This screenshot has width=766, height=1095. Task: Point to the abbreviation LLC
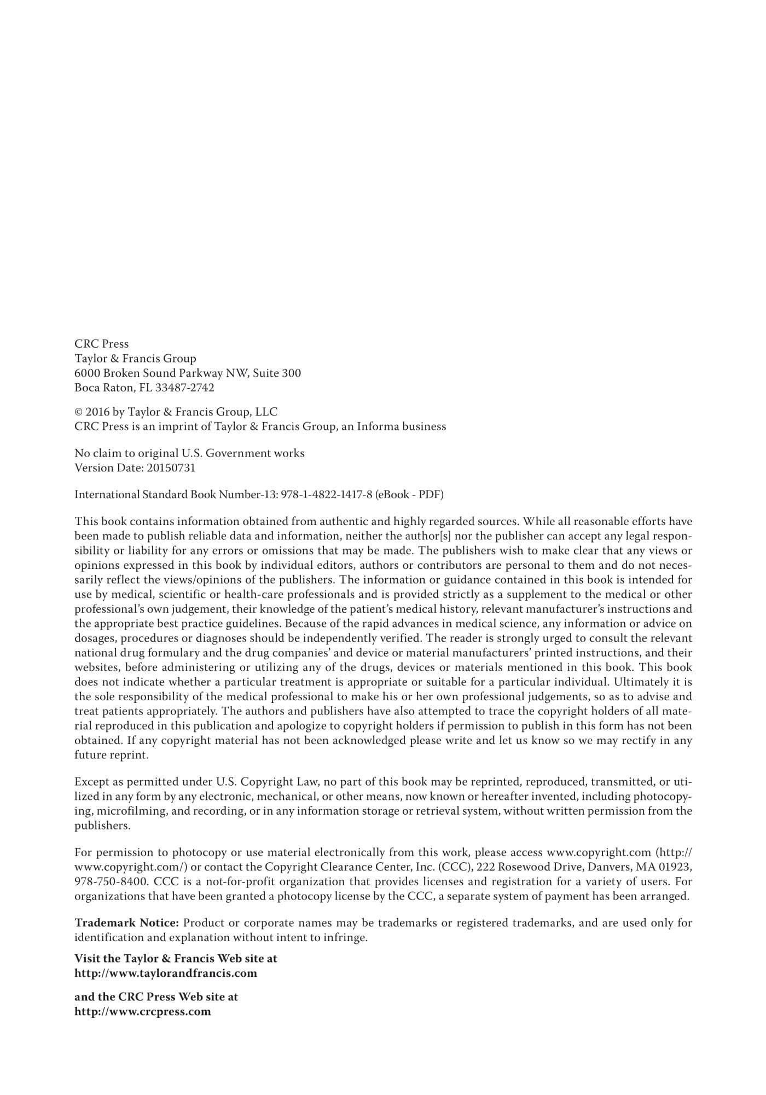[x=266, y=412]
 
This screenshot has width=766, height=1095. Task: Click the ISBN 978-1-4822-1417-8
[x=327, y=495]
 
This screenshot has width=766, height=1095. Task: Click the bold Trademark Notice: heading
[x=127, y=923]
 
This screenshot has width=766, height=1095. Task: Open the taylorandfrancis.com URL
[x=166, y=973]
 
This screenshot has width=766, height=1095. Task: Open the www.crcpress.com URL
[x=143, y=1012]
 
